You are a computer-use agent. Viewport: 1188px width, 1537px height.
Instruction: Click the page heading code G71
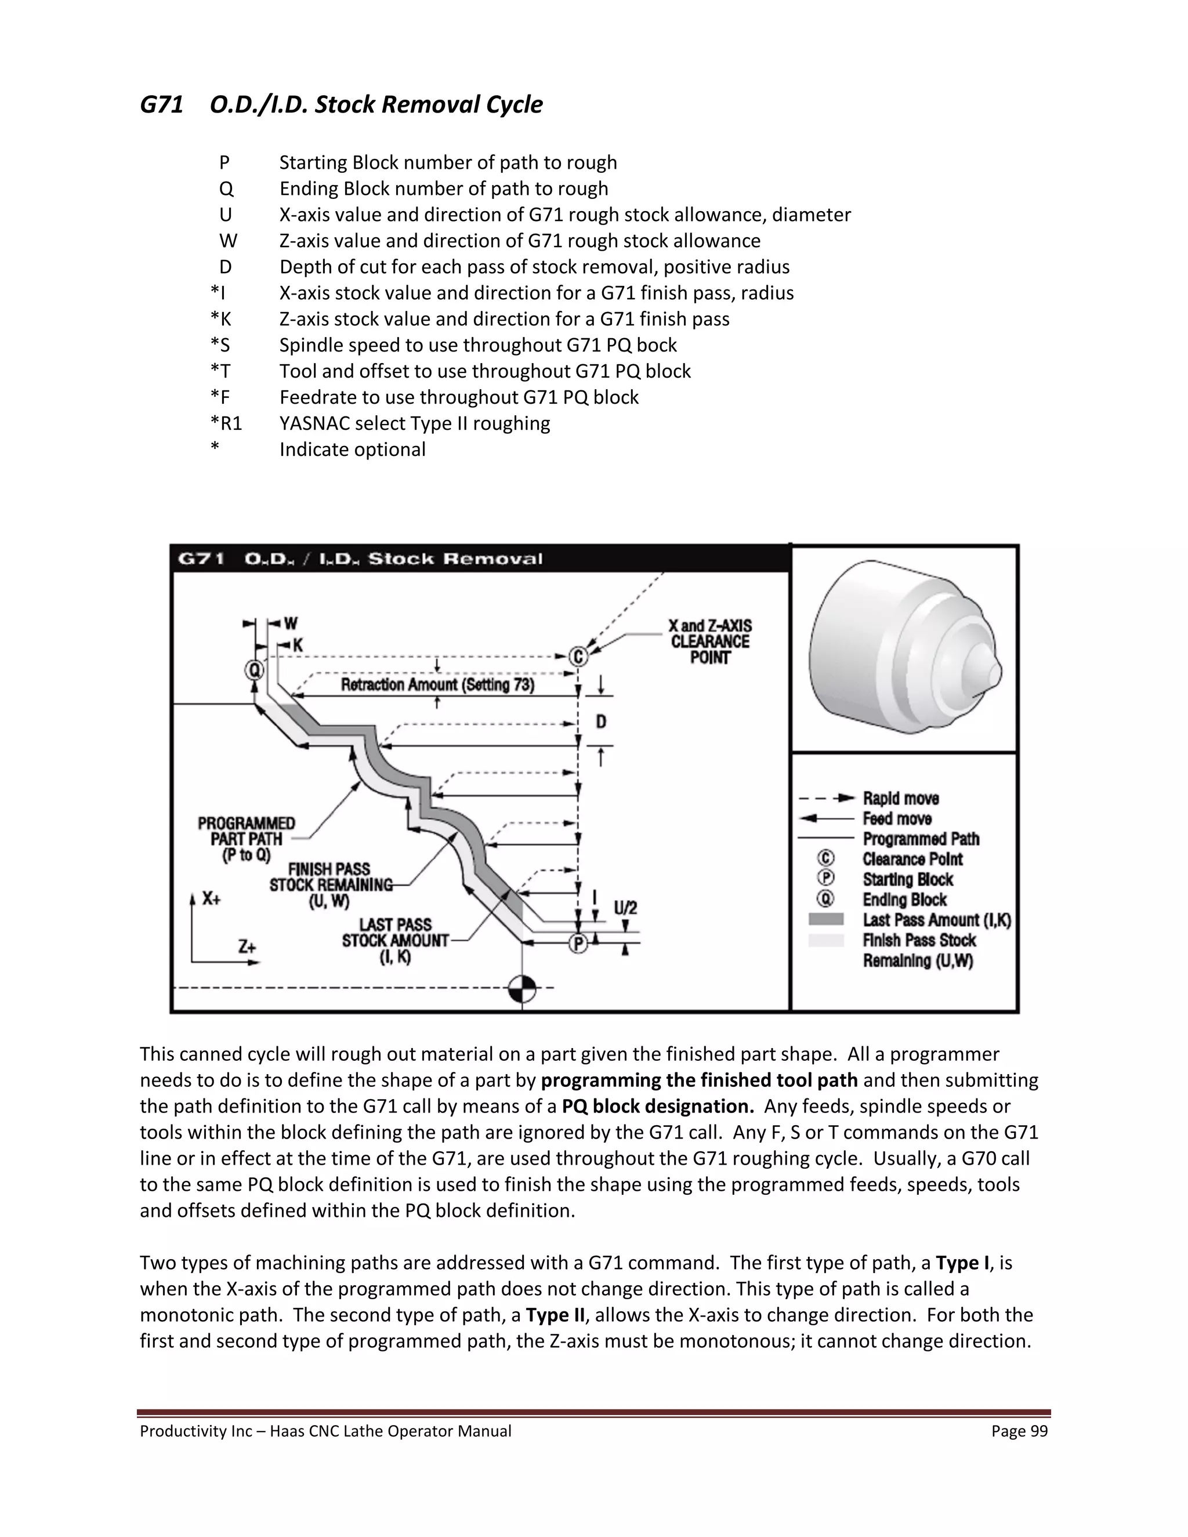161,105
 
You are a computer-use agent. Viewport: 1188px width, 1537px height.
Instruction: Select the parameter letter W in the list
228,241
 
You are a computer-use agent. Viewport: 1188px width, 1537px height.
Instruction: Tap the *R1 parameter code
226,423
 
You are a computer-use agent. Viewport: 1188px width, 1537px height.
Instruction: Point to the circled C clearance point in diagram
578,657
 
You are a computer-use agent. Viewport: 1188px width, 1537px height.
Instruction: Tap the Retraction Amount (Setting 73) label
437,685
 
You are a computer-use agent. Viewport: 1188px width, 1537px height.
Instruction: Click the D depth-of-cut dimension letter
601,722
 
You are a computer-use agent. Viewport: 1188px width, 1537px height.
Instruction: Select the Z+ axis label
247,947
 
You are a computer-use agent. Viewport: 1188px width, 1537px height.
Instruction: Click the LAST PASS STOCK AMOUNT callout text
395,940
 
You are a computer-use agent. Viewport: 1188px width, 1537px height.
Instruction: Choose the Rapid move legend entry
901,798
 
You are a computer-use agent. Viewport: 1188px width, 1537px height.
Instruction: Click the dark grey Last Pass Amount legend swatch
825,919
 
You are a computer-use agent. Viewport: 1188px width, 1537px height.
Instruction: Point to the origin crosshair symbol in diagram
521,988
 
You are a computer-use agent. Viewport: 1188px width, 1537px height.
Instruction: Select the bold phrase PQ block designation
657,1106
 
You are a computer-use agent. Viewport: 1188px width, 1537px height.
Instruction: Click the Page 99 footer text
1019,1431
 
